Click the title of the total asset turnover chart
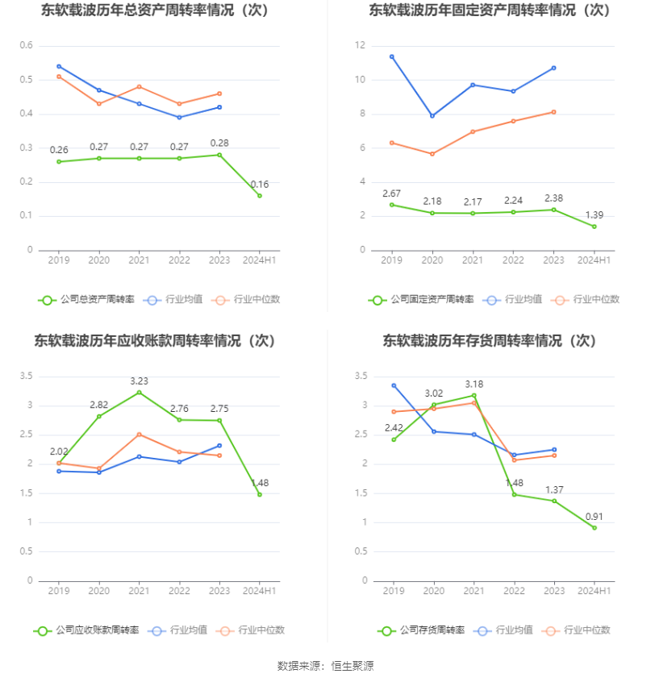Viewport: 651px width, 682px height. pyautogui.click(x=155, y=10)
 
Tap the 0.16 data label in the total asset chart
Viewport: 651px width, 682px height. pyautogui.click(x=259, y=184)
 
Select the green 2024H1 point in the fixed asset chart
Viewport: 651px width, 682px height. pyautogui.click(x=594, y=227)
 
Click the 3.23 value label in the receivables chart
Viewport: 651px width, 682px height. pyautogui.click(x=139, y=380)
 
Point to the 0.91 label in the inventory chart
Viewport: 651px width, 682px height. pyautogui.click(x=594, y=517)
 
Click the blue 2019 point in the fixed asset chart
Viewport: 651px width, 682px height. pyautogui.click(x=392, y=56)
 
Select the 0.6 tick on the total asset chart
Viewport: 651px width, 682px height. pyautogui.click(x=26, y=46)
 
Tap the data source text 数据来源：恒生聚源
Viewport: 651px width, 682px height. pyautogui.click(x=325, y=666)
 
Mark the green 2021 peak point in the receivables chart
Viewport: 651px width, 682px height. pyautogui.click(x=139, y=393)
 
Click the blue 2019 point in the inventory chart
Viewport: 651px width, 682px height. pyautogui.click(x=394, y=385)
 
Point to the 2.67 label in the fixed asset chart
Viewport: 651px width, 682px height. pyautogui.click(x=392, y=193)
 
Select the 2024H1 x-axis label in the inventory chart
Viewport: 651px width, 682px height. pyautogui.click(x=594, y=591)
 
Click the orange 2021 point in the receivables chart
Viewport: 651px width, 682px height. pyautogui.click(x=139, y=435)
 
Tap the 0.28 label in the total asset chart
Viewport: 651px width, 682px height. pyautogui.click(x=219, y=143)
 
